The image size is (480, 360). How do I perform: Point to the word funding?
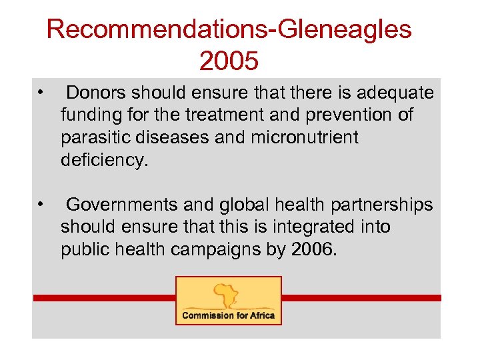click(x=89, y=115)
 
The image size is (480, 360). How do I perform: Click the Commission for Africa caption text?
click(x=229, y=315)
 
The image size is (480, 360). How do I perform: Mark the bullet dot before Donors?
click(x=41, y=91)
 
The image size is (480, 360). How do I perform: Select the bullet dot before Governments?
click(x=41, y=203)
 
